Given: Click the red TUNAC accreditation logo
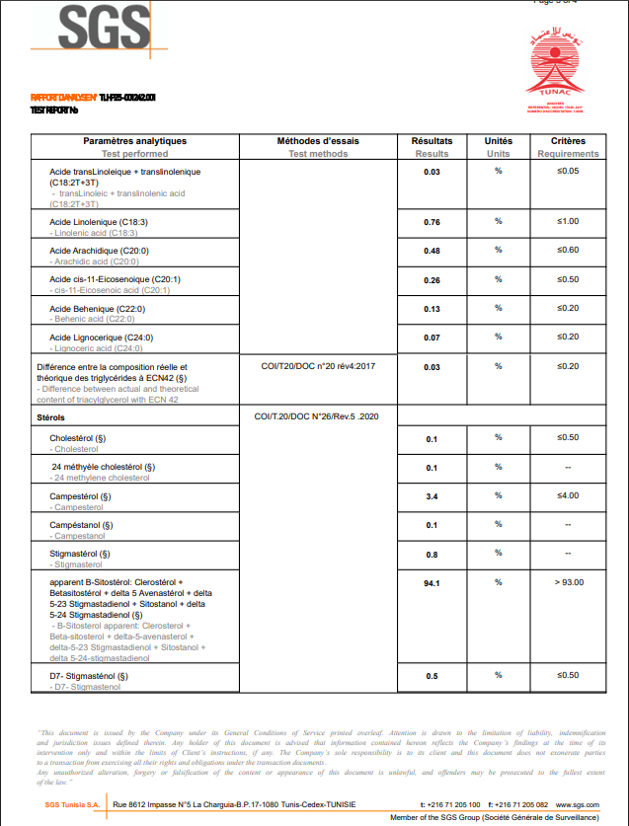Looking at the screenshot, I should (559, 69).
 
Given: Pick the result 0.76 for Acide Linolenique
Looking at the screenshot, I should (432, 223).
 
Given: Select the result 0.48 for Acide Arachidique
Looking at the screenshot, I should (432, 252).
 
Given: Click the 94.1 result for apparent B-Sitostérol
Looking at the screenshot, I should (432, 584).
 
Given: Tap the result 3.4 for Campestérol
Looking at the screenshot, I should (432, 496).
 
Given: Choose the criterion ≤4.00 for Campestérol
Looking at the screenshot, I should (568, 495).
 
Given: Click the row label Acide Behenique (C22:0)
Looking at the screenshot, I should (98, 309).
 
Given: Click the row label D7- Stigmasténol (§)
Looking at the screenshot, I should (89, 676).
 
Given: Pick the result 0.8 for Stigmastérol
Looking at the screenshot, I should (432, 555).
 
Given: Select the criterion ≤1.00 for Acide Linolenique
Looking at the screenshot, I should (568, 221).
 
